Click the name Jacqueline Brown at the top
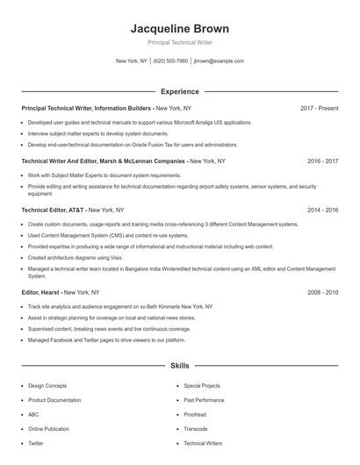[x=179, y=28]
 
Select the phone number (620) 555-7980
[x=170, y=61]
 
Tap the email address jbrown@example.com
[x=219, y=61]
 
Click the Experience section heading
[x=179, y=91]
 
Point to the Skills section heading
[x=179, y=365]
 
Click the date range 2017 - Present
[x=319, y=108]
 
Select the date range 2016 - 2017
[x=322, y=161]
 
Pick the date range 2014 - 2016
[x=322, y=211]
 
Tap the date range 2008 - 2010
[x=322, y=291]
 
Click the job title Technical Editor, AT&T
[x=54, y=211]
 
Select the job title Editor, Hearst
[x=41, y=291]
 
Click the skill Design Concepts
[x=47, y=385]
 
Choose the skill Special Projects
[x=202, y=385]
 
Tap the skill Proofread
[x=195, y=414]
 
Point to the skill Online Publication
[x=49, y=429]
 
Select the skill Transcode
[x=196, y=429]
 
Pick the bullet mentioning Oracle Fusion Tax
[x=132, y=145]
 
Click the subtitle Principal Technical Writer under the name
[x=179, y=42]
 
